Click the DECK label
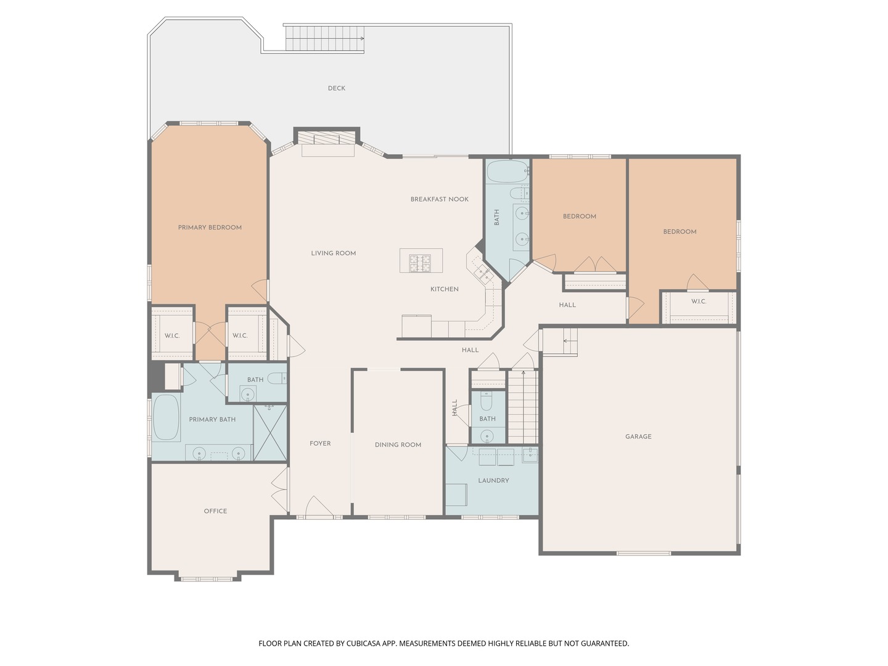pyautogui.click(x=336, y=88)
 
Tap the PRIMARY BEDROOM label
pyautogui.click(x=210, y=228)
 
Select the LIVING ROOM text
pyautogui.click(x=334, y=253)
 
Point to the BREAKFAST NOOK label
pyautogui.click(x=439, y=199)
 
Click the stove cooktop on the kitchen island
pyautogui.click(x=421, y=263)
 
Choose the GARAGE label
pyautogui.click(x=638, y=437)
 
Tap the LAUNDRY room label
pyautogui.click(x=493, y=481)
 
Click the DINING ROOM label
pyautogui.click(x=398, y=445)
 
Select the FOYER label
pyautogui.click(x=320, y=443)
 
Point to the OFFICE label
pyautogui.click(x=215, y=511)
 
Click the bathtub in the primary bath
pyautogui.click(x=166, y=417)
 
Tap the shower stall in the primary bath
pyautogui.click(x=270, y=433)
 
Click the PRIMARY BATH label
pyautogui.click(x=212, y=420)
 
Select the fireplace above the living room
pyautogui.click(x=326, y=137)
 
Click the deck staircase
pyautogui.click(x=324, y=38)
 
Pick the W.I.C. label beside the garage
pyautogui.click(x=699, y=302)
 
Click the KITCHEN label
pyautogui.click(x=444, y=290)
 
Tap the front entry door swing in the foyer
pyautogui.click(x=319, y=506)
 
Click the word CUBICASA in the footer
pyautogui.click(x=364, y=643)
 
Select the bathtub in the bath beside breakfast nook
pyautogui.click(x=508, y=171)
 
